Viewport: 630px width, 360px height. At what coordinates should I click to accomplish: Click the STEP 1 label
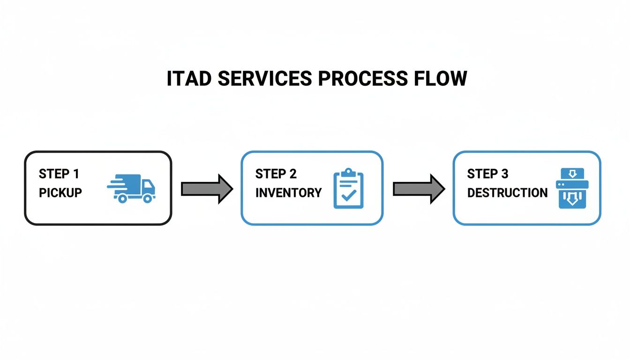59,174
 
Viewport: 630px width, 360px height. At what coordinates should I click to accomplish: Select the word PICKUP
60,193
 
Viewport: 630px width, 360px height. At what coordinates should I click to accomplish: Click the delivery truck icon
132,188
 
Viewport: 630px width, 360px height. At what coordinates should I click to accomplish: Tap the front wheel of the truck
147,198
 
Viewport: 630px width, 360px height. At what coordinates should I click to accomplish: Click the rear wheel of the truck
122,198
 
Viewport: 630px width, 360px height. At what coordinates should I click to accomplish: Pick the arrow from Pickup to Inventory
207,188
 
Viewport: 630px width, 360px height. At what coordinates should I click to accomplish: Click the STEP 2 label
276,174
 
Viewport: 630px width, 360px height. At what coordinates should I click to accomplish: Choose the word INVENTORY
288,193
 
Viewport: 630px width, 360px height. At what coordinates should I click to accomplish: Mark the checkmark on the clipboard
348,195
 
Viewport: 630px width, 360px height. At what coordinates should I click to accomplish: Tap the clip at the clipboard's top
348,172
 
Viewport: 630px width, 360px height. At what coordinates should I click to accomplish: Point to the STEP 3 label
487,174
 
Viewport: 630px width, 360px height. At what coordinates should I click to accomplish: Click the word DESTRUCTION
507,193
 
